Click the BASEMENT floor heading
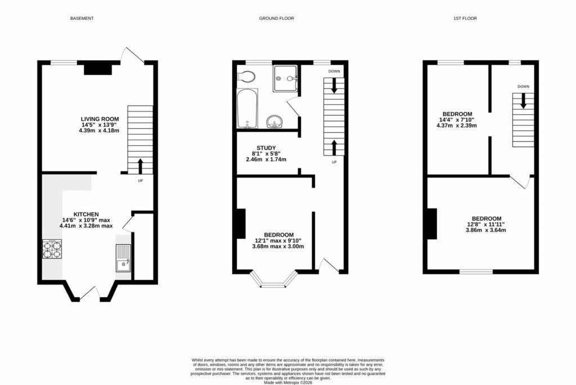(82, 19)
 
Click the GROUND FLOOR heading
(276, 19)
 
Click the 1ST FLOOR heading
(465, 19)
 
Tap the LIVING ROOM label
(100, 119)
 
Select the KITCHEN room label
(87, 214)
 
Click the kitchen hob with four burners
(52, 249)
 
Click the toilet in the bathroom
(246, 77)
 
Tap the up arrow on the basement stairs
(140, 165)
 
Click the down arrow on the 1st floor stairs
(523, 101)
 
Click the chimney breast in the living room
(98, 69)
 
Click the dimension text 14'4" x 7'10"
(456, 119)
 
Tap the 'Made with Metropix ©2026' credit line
(287, 382)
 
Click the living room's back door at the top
(133, 55)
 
